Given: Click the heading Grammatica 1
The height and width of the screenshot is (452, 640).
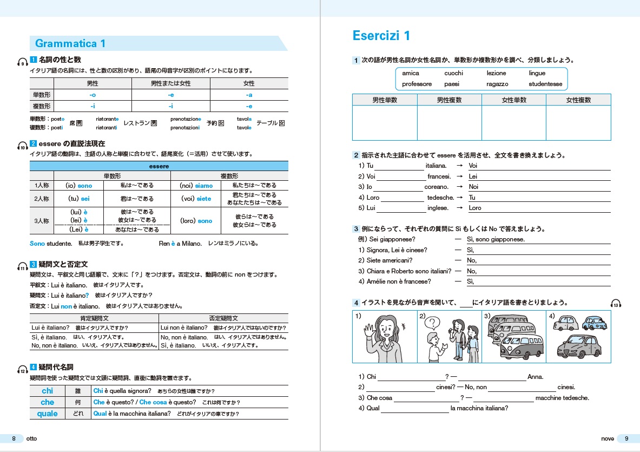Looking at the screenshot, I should [70, 44].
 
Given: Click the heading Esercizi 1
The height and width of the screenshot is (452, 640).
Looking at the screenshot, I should [381, 36].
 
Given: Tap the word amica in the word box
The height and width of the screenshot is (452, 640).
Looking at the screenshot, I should [411, 73].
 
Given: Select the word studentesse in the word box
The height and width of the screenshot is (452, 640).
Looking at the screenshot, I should [545, 84].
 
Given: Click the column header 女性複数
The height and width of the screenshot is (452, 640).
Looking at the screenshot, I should [578, 100].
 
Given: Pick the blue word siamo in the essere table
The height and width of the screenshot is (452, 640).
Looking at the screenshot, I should [204, 186].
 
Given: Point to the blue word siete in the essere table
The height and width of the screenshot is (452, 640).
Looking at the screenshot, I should [204, 199].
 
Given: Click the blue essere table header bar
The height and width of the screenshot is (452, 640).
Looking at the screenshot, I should [159, 166].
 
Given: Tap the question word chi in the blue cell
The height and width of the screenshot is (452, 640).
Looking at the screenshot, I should [48, 391].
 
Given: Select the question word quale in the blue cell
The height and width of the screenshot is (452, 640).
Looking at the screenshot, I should [48, 414].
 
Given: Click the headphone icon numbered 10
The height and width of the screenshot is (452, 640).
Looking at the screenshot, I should [22, 146].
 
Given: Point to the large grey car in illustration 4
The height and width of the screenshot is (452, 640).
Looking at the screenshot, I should [579, 346].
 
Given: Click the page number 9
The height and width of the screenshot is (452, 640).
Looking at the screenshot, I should [626, 438].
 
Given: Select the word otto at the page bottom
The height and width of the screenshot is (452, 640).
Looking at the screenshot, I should [32, 438].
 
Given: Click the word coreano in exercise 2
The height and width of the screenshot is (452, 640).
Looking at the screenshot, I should [437, 187].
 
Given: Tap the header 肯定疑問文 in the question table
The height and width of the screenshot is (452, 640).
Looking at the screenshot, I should [94, 319].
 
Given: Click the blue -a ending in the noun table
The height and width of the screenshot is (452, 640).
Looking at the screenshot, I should [249, 95].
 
